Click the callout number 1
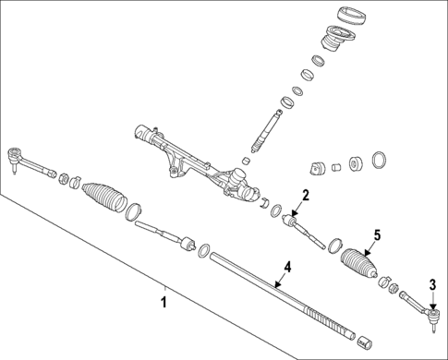click(163, 301)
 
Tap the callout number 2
click(304, 196)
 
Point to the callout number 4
click(287, 267)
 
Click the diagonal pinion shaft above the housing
click(266, 129)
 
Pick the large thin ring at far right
click(379, 161)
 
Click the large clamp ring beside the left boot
click(134, 210)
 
